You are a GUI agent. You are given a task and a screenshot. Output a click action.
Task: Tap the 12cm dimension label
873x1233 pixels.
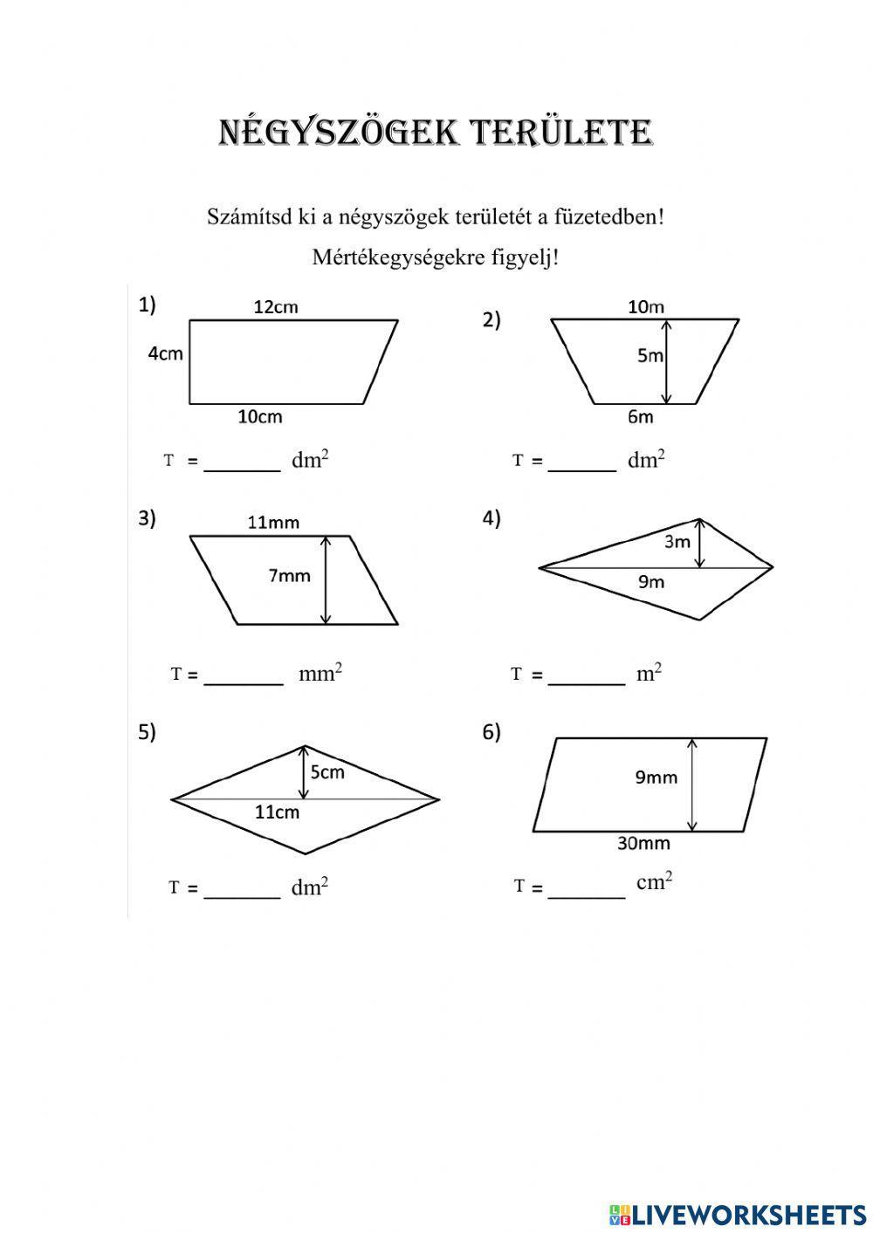pos(276,306)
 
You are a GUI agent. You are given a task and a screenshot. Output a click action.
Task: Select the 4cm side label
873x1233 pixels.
pos(165,353)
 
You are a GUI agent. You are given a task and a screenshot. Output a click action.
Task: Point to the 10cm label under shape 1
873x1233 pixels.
pos(260,417)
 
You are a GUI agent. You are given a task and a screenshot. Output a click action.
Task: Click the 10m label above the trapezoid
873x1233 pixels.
pos(646,306)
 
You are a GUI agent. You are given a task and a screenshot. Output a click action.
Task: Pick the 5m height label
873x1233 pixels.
pos(650,356)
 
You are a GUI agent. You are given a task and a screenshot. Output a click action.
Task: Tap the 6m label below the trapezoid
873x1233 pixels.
pos(640,417)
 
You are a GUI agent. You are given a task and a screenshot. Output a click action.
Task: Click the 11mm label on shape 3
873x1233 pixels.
pos(273,523)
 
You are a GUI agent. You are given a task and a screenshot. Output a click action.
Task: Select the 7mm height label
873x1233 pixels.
pos(289,576)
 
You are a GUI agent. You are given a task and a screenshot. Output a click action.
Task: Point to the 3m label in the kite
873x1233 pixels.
pos(677,542)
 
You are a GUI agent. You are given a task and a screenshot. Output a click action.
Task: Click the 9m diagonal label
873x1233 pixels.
pos(651,582)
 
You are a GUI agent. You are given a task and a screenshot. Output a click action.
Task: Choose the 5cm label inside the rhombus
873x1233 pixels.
pos(327,772)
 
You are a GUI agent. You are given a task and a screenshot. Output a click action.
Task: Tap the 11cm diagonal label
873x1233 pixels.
pos(277,812)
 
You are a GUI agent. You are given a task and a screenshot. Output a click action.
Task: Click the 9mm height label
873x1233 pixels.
pos(656,777)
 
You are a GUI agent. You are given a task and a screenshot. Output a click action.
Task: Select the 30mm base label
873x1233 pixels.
pos(643,844)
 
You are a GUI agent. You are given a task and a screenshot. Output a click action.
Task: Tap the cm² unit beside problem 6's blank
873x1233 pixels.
pos(654,881)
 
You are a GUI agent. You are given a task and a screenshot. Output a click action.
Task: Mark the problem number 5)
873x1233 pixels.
pos(147,732)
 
